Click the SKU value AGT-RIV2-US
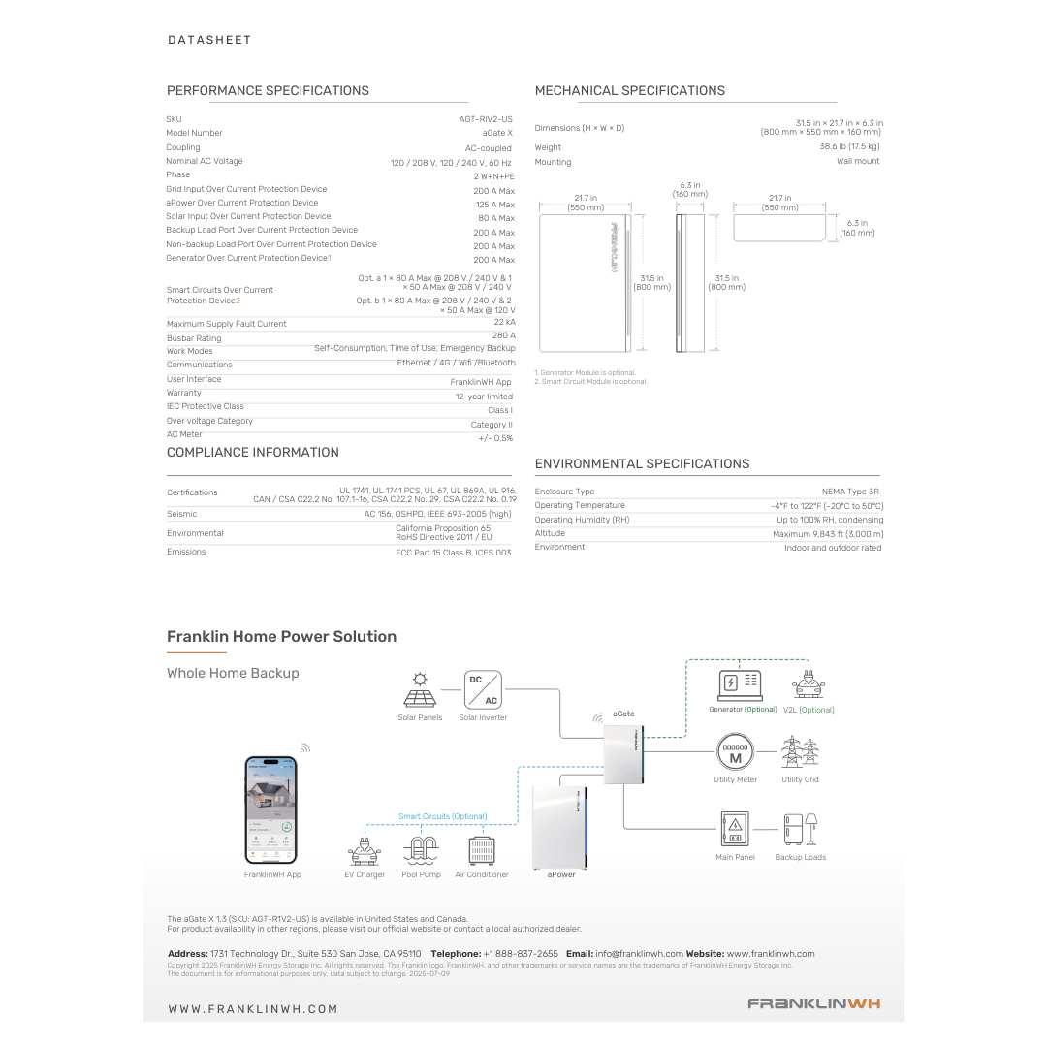[x=486, y=119]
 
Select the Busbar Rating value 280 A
[x=504, y=335]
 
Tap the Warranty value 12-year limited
[x=484, y=397]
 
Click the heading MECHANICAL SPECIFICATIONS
[x=630, y=91]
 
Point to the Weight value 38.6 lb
[x=849, y=146]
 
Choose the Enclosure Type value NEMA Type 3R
[x=850, y=492]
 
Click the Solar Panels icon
[x=420, y=690]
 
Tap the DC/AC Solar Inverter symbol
[x=483, y=689]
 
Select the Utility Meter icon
[x=735, y=753]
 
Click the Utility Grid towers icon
[x=800, y=753]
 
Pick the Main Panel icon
[x=735, y=830]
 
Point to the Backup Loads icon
[x=801, y=831]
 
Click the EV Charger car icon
[x=365, y=850]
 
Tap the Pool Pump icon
[x=421, y=850]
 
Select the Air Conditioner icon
[x=482, y=850]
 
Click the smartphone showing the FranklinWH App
[x=271, y=809]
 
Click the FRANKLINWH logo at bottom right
[x=813, y=1004]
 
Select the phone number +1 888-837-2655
[x=521, y=954]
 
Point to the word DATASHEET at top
[x=209, y=40]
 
